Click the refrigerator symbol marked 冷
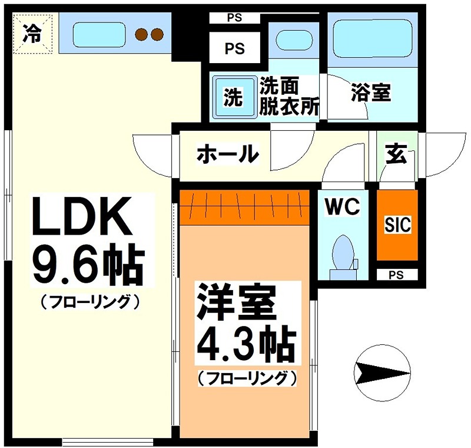coord(32,35)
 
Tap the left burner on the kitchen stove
coord(142,34)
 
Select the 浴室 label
coord(370,93)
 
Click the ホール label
coord(227,154)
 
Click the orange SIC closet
coord(397,225)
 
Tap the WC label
coord(343,207)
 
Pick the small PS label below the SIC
coord(397,274)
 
